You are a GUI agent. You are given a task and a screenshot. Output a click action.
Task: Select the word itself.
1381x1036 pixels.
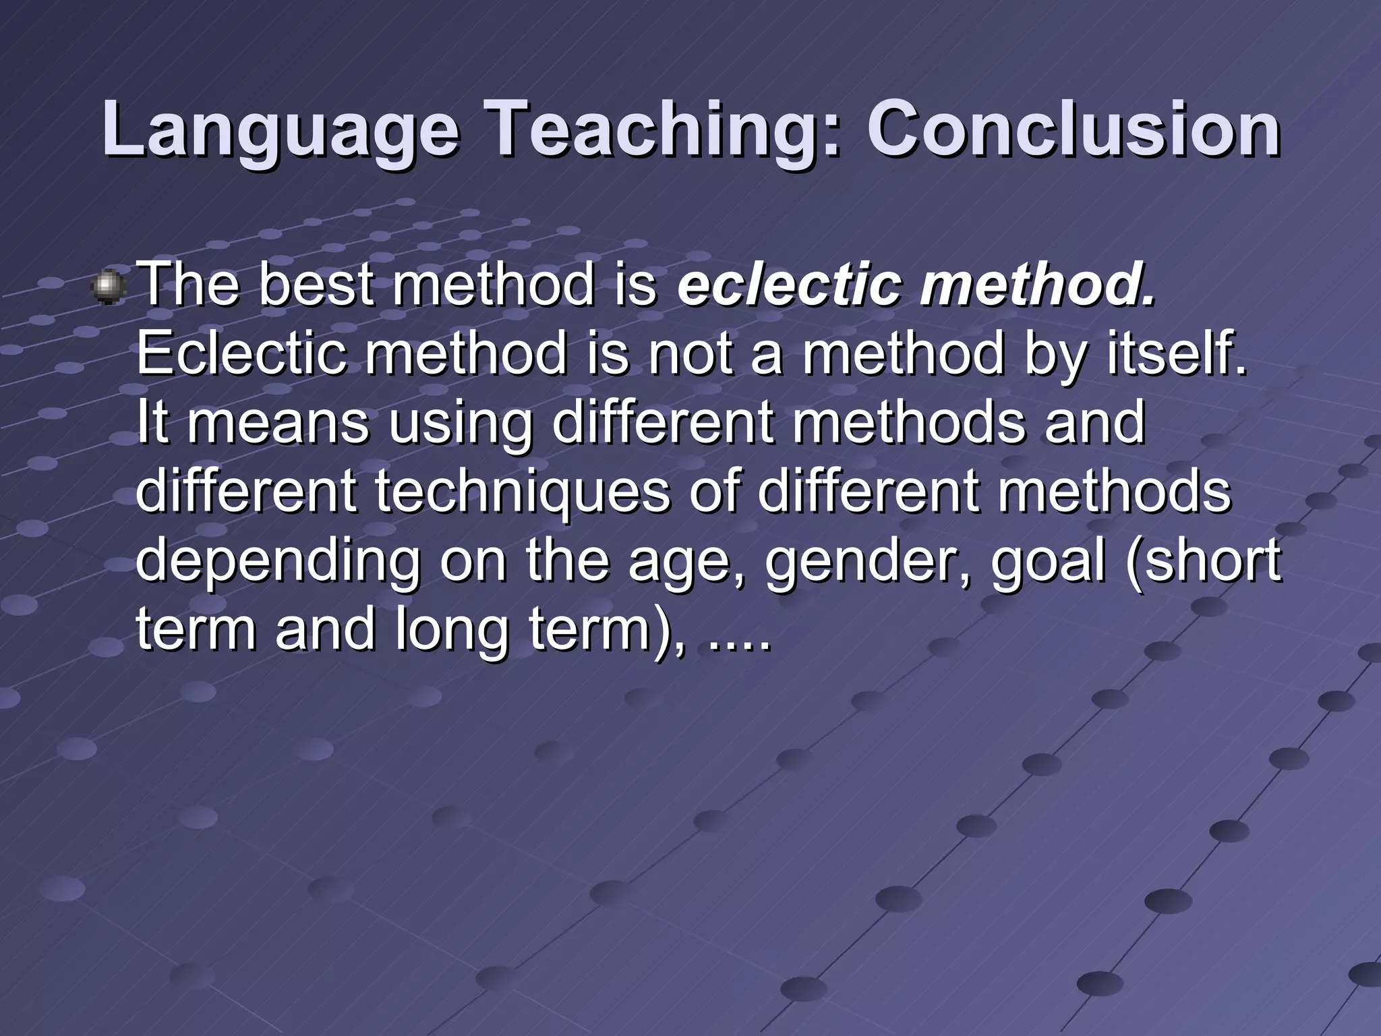click(1177, 353)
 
